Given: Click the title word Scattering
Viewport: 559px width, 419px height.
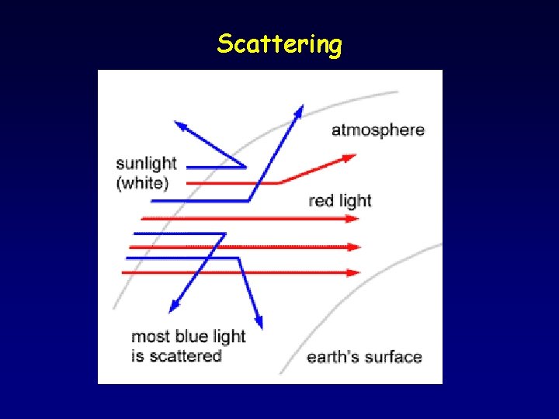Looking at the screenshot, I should pyautogui.click(x=279, y=44).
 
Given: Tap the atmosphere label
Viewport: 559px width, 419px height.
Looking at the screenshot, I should pyautogui.click(x=378, y=130).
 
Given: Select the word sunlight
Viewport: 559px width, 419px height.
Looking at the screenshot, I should pyautogui.click(x=146, y=164).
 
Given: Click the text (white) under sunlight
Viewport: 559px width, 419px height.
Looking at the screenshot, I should pyautogui.click(x=142, y=183).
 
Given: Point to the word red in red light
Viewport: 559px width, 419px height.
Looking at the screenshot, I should pyautogui.click(x=321, y=201).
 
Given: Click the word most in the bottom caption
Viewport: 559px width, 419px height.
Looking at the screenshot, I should pyautogui.click(x=149, y=337).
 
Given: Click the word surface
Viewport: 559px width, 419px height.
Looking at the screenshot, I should pyautogui.click(x=395, y=357).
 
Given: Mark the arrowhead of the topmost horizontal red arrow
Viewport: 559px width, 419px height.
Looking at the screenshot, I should pyautogui.click(x=355, y=219).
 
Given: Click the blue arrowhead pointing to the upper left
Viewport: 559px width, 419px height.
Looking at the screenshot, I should pyautogui.click(x=181, y=125).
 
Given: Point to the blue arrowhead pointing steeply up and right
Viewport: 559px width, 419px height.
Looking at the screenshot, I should pyautogui.click(x=298, y=111).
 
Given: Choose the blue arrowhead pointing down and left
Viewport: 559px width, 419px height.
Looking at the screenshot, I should pyautogui.click(x=175, y=307).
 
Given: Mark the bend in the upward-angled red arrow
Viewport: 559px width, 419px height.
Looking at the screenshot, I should pyautogui.click(x=279, y=183).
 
